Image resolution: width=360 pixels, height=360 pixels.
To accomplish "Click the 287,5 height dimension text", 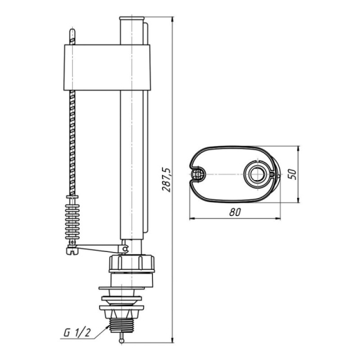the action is pos(166,179).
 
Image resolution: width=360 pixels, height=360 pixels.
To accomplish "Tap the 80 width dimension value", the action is pos(235,212).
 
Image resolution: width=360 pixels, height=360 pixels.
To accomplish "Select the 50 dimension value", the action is pos(292,174).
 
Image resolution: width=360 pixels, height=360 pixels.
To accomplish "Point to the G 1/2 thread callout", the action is pos(77,333).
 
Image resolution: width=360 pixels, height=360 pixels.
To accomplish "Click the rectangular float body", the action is pos(107,67).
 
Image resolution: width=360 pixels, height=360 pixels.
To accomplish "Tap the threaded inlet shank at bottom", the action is pos(122,325).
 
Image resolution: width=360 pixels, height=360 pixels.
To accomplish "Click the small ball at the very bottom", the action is pos(122,341).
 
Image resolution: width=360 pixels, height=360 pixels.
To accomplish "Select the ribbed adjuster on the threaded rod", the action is pos(73,217).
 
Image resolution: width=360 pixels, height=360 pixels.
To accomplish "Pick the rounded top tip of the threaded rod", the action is pos(72,30).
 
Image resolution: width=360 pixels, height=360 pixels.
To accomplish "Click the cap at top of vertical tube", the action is pos(132,18).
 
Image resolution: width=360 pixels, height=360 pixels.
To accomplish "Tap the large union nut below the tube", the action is pos(132,263).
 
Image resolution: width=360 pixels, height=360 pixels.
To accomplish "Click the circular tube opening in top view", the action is pos(257,174).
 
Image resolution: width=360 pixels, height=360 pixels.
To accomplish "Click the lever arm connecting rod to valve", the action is pos(98,248).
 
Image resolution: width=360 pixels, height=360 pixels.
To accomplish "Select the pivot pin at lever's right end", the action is pos(125,249).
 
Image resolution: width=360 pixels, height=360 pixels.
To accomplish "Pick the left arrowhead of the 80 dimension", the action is pos(192,218).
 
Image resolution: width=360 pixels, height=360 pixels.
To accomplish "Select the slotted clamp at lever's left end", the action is pos(72,251).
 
